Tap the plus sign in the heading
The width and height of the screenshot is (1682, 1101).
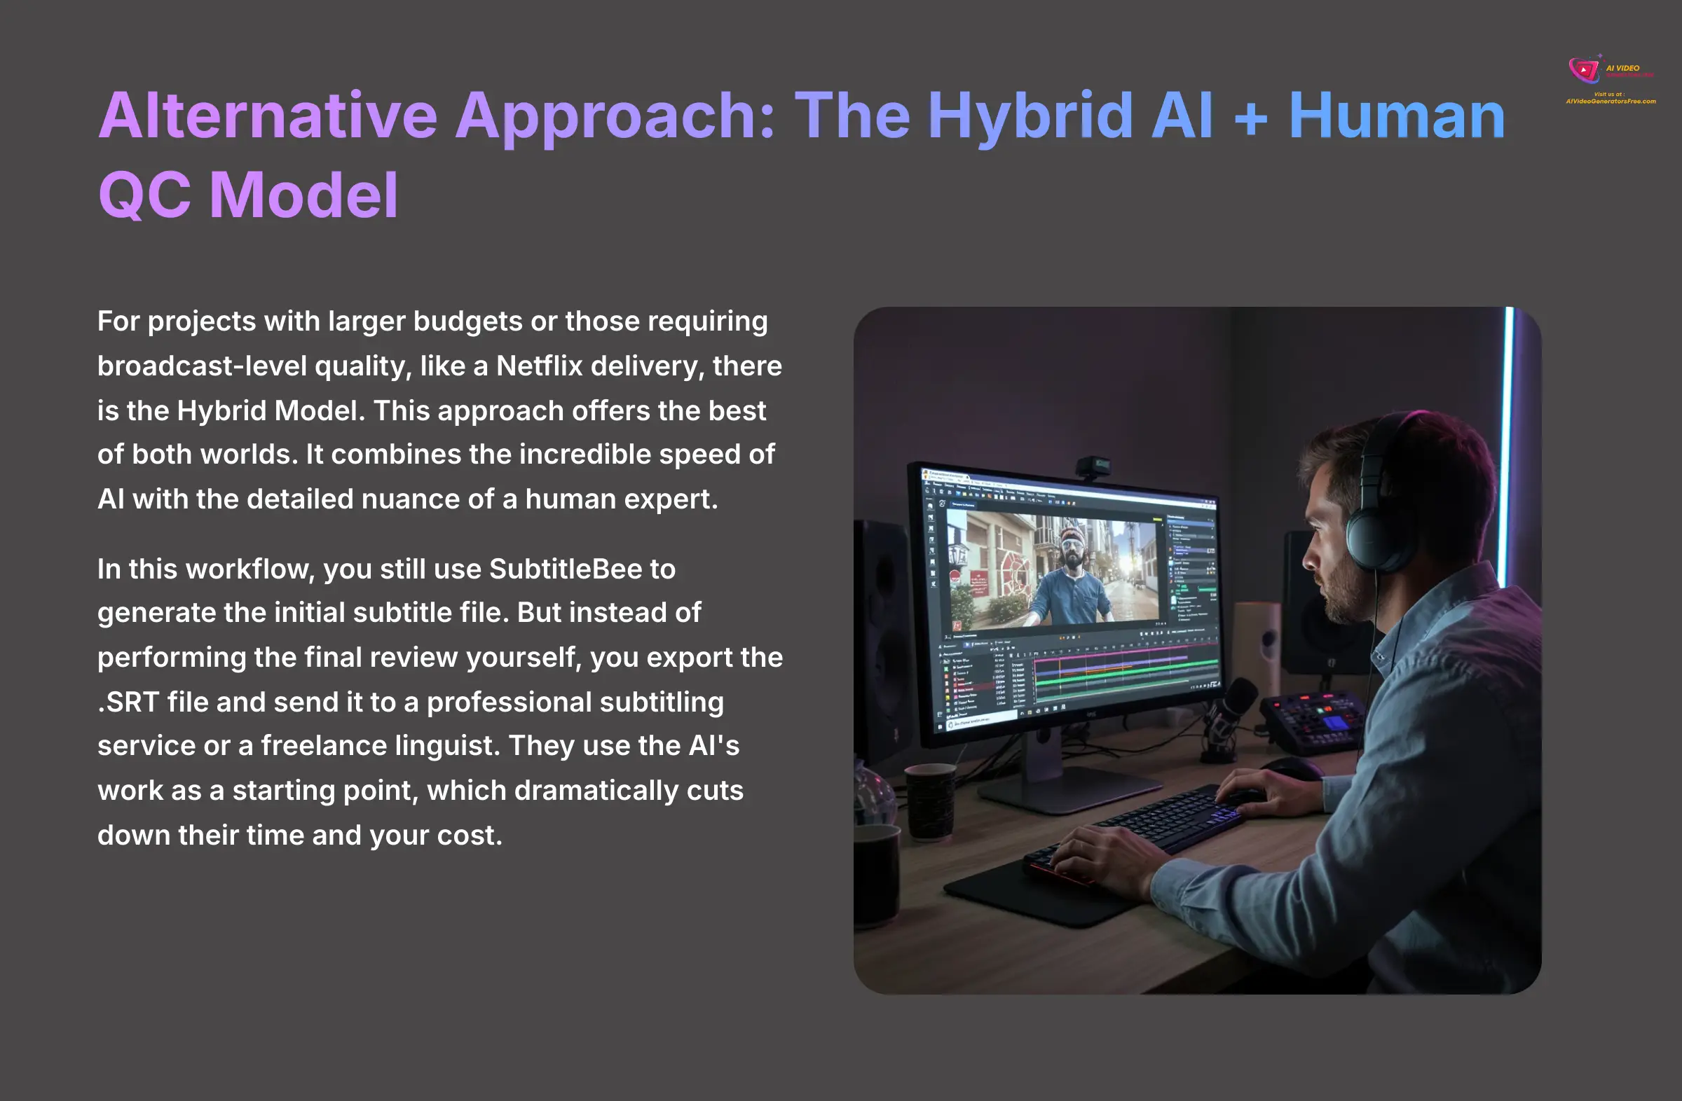[x=1250, y=116]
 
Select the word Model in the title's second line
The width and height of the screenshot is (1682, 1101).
[x=304, y=195]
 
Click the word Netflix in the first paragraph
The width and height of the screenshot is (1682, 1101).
[x=539, y=366]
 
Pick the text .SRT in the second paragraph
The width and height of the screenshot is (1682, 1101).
[x=128, y=702]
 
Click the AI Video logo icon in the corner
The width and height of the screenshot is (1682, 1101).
[x=1584, y=70]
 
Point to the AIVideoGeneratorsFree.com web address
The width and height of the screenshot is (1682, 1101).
[x=1611, y=102]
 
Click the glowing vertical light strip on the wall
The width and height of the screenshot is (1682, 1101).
[x=1508, y=424]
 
